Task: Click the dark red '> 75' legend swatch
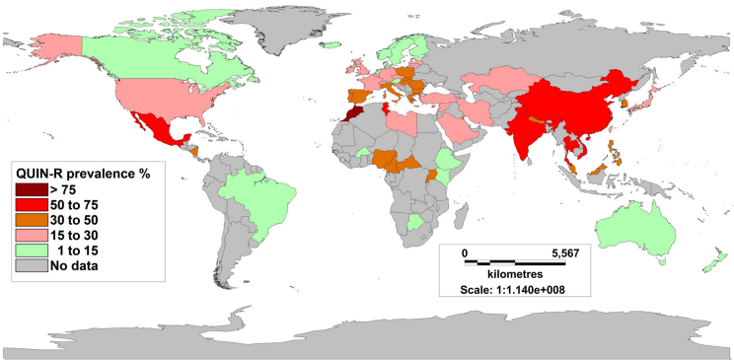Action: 30,188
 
